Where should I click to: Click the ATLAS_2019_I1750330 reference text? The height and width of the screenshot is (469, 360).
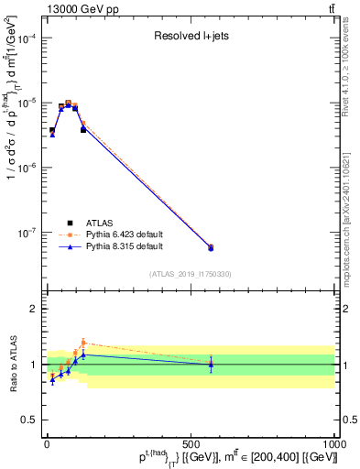[x=191, y=274]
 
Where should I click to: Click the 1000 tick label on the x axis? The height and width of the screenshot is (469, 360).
[x=333, y=445]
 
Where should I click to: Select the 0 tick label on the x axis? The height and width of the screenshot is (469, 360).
[x=47, y=445]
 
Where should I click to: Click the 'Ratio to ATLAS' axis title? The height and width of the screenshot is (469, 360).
[x=12, y=364]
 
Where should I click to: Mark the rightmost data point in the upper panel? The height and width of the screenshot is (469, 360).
[x=211, y=247]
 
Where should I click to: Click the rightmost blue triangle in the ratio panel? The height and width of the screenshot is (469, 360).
[x=211, y=365]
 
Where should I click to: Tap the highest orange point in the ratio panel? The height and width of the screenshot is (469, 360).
[x=83, y=343]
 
